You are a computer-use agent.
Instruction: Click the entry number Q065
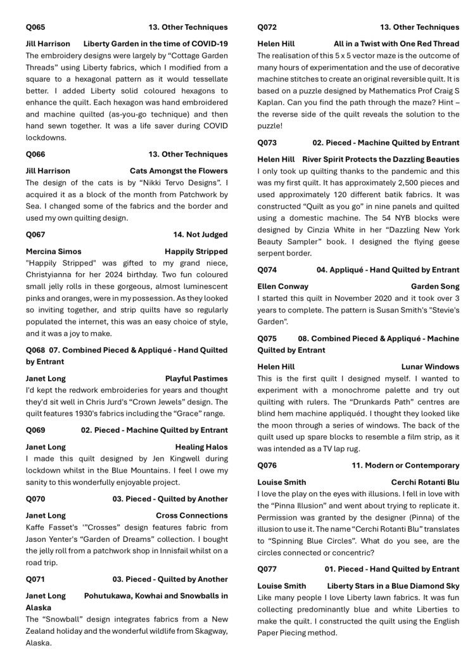click(x=35, y=27)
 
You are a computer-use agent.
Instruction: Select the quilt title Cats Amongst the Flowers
click(x=179, y=171)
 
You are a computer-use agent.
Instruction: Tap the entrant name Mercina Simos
click(x=53, y=252)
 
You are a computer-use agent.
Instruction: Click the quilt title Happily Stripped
click(x=196, y=252)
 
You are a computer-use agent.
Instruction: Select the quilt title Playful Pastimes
click(x=196, y=378)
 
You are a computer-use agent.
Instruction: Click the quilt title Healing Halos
click(x=201, y=447)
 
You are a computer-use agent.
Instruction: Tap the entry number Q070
click(x=35, y=499)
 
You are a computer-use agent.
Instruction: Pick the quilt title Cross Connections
click(x=192, y=515)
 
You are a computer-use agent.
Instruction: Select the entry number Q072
click(x=267, y=27)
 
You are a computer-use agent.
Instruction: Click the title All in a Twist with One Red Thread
click(x=396, y=44)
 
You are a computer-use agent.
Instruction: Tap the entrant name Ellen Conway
click(x=283, y=286)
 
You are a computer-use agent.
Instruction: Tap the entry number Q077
click(x=267, y=569)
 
